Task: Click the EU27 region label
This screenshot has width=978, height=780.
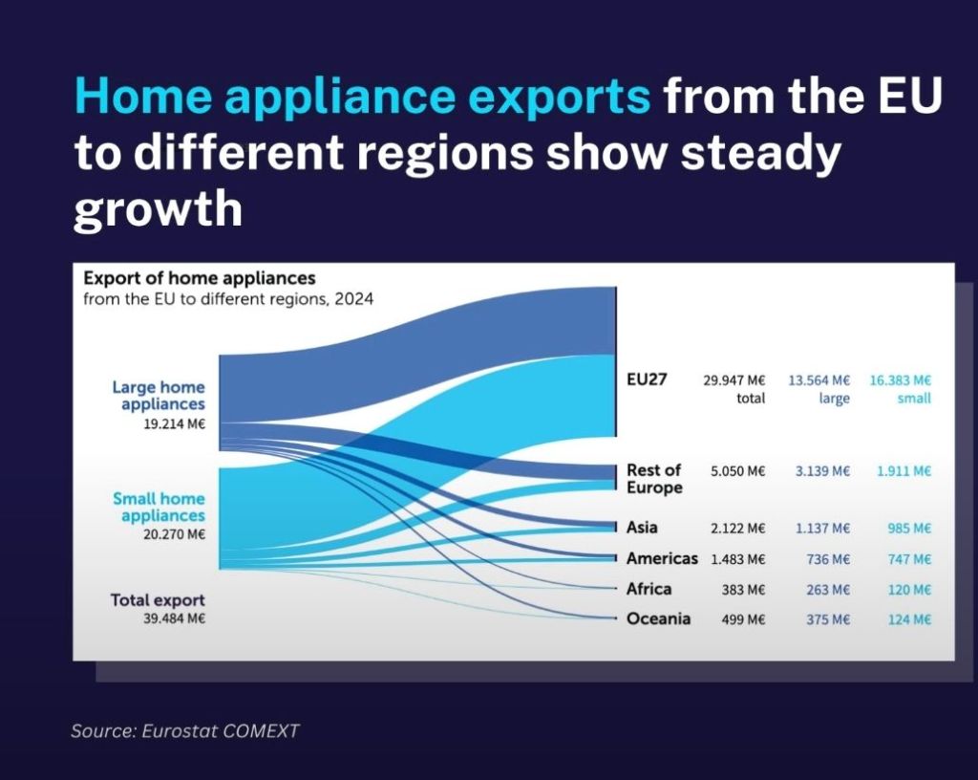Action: [647, 379]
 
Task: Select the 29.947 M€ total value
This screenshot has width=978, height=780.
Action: [734, 380]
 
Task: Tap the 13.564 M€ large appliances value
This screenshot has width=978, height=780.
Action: [819, 380]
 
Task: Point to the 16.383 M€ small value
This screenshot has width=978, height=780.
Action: [900, 380]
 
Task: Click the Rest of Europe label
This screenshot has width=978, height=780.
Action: [654, 479]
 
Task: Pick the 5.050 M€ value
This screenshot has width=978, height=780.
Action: [738, 471]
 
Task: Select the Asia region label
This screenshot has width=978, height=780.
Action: [642, 528]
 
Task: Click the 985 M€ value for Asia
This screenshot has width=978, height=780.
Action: [909, 529]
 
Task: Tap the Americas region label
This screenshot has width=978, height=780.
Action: [662, 558]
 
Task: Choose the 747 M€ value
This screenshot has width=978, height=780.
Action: [909, 559]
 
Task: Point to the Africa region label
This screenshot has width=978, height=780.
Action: [648, 589]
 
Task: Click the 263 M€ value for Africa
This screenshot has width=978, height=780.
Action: [828, 590]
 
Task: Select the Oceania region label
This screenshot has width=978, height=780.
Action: [658, 618]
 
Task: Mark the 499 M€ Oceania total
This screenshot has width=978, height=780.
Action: [743, 619]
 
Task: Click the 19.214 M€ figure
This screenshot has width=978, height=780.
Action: [174, 424]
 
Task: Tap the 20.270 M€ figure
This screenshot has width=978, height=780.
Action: [174, 534]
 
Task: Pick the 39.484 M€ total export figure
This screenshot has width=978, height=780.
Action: [174, 619]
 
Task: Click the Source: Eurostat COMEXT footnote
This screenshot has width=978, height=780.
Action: [185, 730]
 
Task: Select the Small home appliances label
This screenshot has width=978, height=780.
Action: [159, 508]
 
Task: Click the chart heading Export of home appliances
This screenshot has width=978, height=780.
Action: [200, 277]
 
